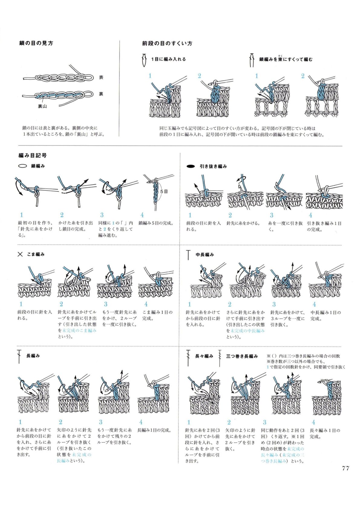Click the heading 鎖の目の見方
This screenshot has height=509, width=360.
(36, 43)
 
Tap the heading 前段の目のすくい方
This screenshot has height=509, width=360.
(167, 43)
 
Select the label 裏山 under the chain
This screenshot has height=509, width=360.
(42, 106)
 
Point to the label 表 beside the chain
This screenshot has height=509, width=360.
(101, 77)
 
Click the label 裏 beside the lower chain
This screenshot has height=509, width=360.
(101, 94)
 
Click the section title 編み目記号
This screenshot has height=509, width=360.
(32, 155)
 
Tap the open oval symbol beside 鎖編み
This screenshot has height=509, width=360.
(22, 166)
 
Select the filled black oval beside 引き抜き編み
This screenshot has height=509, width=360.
(191, 166)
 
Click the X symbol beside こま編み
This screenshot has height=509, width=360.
(20, 254)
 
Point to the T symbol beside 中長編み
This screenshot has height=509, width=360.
(188, 255)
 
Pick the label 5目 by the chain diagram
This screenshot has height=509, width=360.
(164, 191)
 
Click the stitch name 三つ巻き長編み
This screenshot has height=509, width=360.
(242, 356)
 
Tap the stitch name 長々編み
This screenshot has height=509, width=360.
(204, 356)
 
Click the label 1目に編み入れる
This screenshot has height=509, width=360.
(169, 59)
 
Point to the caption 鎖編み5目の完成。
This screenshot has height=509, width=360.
(156, 223)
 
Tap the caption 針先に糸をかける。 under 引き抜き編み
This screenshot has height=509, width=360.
(243, 223)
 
